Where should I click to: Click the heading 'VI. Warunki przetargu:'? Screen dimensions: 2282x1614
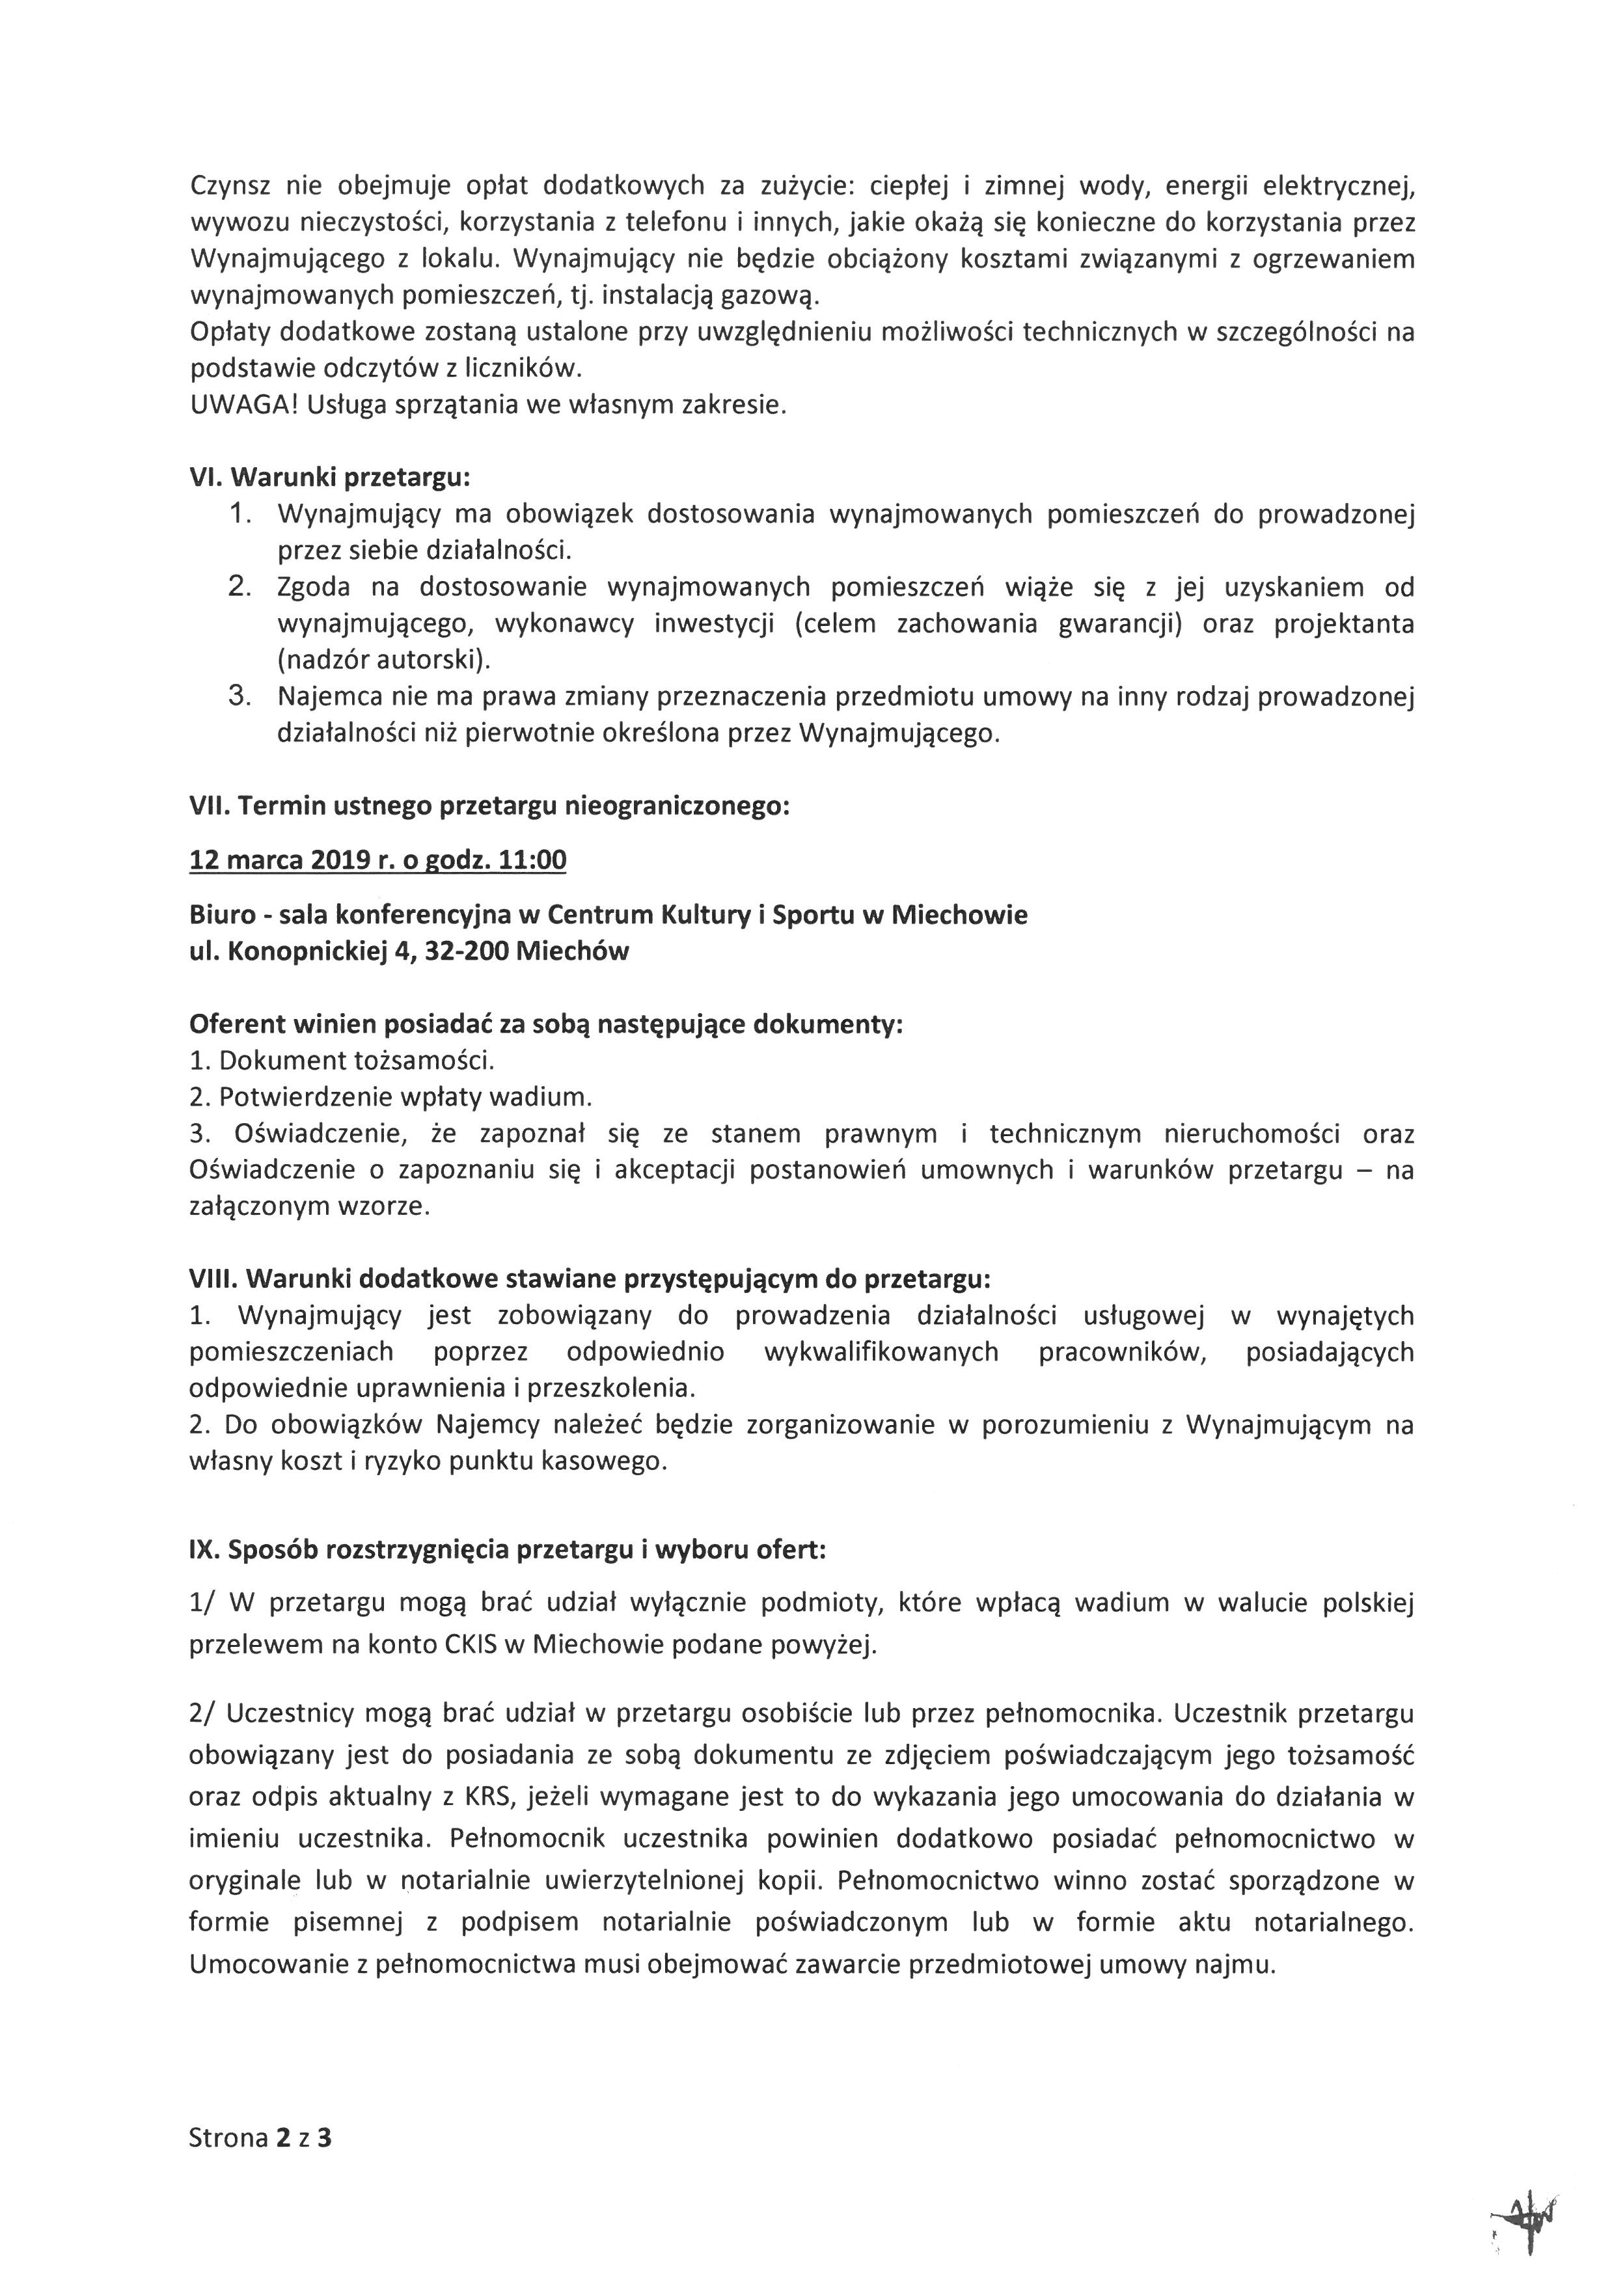329,478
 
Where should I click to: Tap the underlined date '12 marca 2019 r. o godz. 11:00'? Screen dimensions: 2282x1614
377,860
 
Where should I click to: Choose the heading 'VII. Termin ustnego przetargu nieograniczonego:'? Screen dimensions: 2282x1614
489,806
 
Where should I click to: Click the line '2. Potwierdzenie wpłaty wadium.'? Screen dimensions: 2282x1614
390,1097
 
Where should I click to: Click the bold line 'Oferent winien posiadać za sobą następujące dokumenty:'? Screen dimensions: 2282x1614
545,1025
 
